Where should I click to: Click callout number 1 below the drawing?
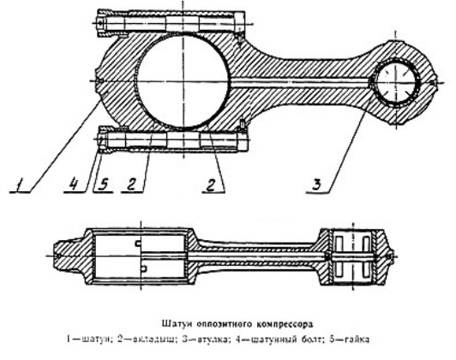point(20,184)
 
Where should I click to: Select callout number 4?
point(74,184)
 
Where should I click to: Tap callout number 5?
point(103,184)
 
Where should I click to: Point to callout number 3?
point(317,184)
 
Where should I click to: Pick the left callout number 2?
point(131,184)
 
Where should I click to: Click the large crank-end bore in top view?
point(183,81)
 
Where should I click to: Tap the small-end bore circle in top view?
point(395,82)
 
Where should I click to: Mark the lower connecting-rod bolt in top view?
point(171,141)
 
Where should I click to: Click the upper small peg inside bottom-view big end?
point(138,243)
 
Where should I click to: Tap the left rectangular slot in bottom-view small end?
point(339,256)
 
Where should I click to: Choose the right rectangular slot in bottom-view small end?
point(365,256)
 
